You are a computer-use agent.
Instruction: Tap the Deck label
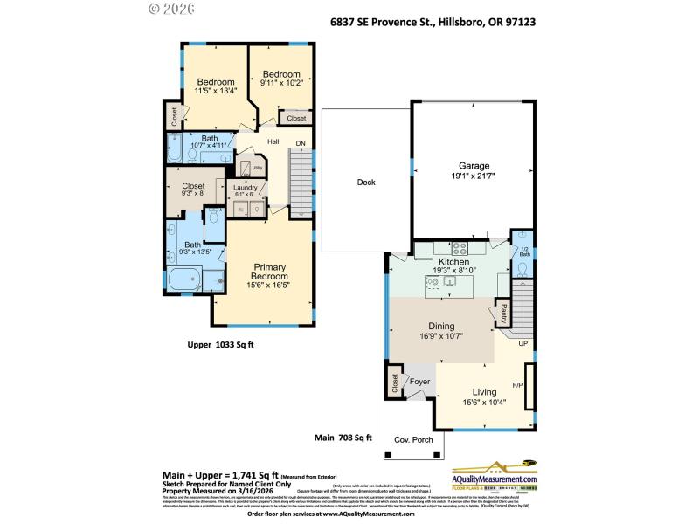tap(366, 183)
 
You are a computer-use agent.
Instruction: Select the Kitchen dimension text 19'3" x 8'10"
tap(453, 272)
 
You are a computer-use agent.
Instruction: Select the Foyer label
tap(420, 382)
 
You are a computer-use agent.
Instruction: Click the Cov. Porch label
tap(414, 440)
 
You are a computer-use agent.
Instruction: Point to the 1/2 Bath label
tap(523, 252)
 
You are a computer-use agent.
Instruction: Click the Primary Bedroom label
tap(270, 272)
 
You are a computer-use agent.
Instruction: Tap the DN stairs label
tap(300, 143)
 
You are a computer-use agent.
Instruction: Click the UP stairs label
tap(524, 344)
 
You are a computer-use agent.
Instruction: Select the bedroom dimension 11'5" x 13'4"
tap(214, 91)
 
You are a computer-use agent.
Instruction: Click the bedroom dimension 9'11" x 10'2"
tap(282, 84)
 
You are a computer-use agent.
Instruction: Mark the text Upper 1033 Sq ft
tap(220, 345)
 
